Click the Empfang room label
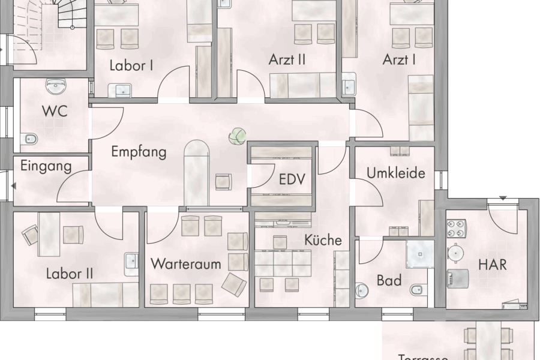tap(139, 152)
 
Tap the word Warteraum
tap(185, 263)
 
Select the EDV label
tap(292, 179)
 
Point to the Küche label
tap(323, 240)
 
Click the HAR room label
tap(492, 263)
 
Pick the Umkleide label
tap(396, 173)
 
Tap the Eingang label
tap(46, 166)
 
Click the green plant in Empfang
tap(237, 136)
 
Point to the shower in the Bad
tap(420, 254)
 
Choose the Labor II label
tap(70, 274)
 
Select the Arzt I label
tap(399, 59)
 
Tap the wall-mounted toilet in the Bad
tap(416, 290)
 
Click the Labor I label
tap(131, 65)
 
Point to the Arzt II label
tap(287, 59)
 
